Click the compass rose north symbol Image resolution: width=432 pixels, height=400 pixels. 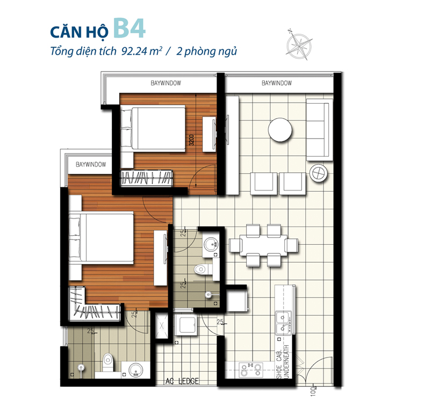point(300,44)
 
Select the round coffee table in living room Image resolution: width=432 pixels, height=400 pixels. point(280,130)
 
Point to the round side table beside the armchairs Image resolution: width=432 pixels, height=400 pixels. point(318,173)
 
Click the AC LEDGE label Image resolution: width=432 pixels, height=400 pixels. point(183,382)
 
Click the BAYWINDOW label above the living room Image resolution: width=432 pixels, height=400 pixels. point(276,83)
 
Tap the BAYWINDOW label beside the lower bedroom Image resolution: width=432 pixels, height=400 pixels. point(90,164)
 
